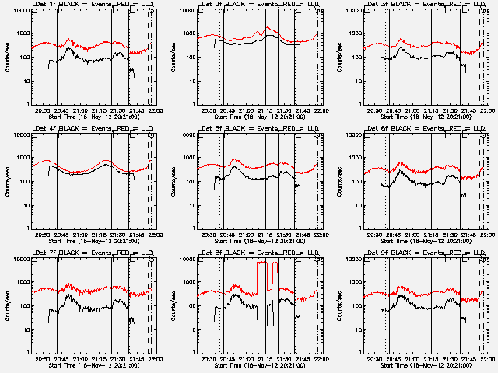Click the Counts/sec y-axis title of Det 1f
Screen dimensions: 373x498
pos(8,58)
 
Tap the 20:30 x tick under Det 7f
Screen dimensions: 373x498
pos(43,359)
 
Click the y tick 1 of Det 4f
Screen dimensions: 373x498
pos(26,228)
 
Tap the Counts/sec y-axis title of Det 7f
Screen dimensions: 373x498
pos(8,306)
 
